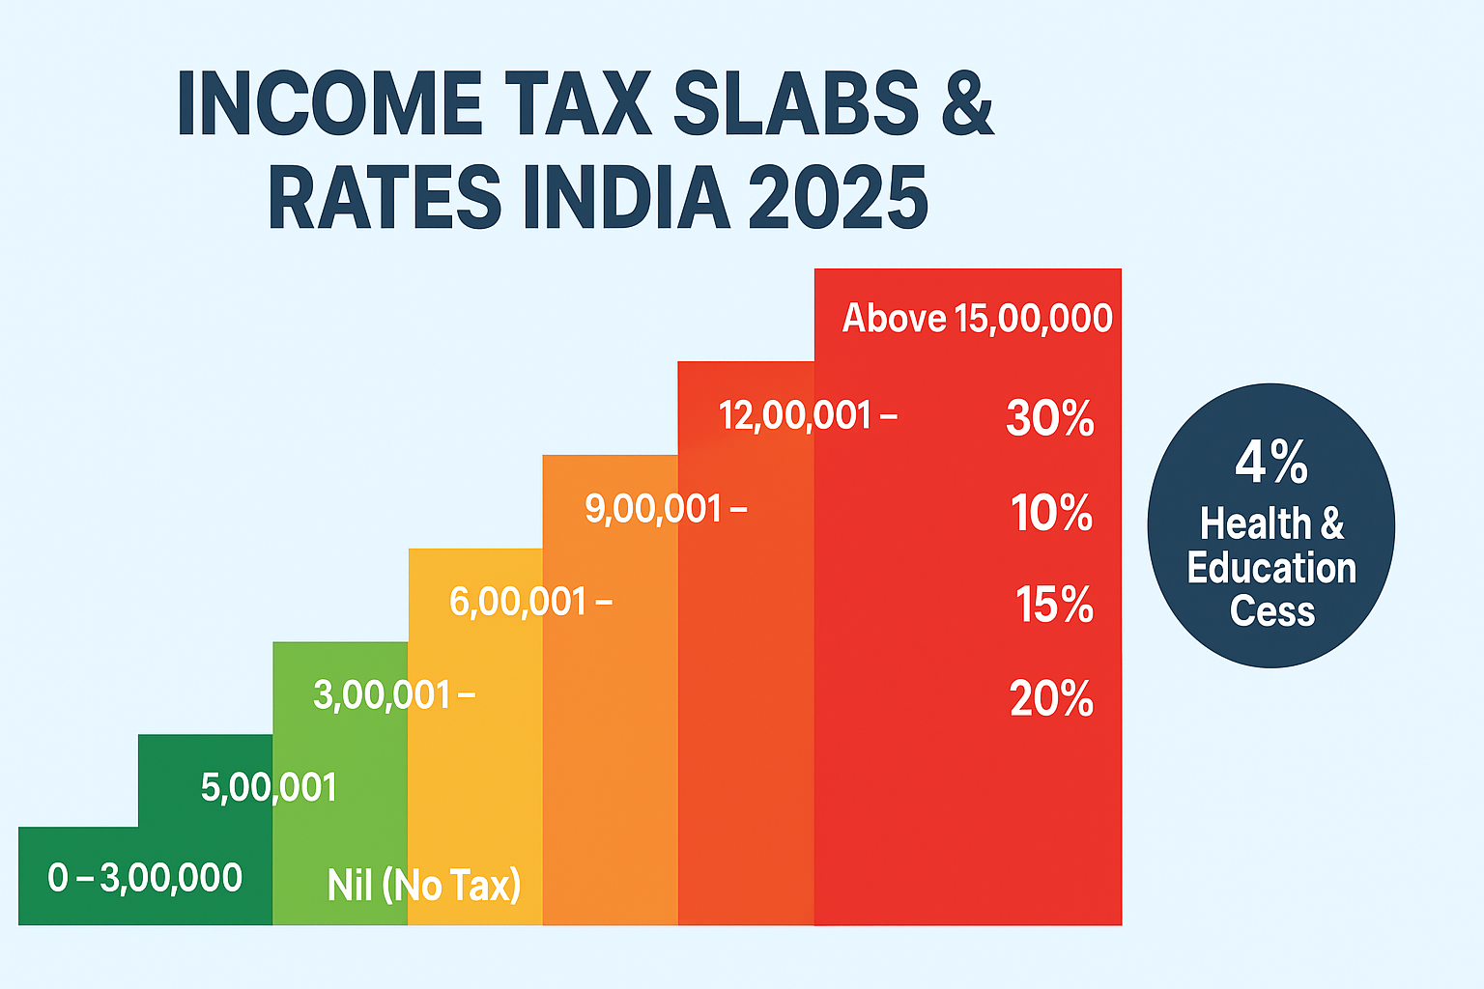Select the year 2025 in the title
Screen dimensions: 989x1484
(x=837, y=198)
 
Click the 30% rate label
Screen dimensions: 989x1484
(x=1050, y=418)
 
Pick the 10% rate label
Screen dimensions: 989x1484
(x=1051, y=513)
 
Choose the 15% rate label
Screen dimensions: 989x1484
(x=1054, y=606)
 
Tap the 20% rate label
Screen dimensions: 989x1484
(x=1051, y=698)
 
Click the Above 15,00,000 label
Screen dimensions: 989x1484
(x=977, y=318)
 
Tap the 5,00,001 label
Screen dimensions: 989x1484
(x=269, y=788)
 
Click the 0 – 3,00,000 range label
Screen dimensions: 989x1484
(x=145, y=878)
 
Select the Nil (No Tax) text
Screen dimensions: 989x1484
(x=424, y=885)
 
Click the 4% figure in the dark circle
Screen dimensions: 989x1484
(x=1271, y=463)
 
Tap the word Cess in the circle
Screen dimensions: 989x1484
(x=1272, y=611)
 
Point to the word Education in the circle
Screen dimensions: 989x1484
(x=1271, y=568)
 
